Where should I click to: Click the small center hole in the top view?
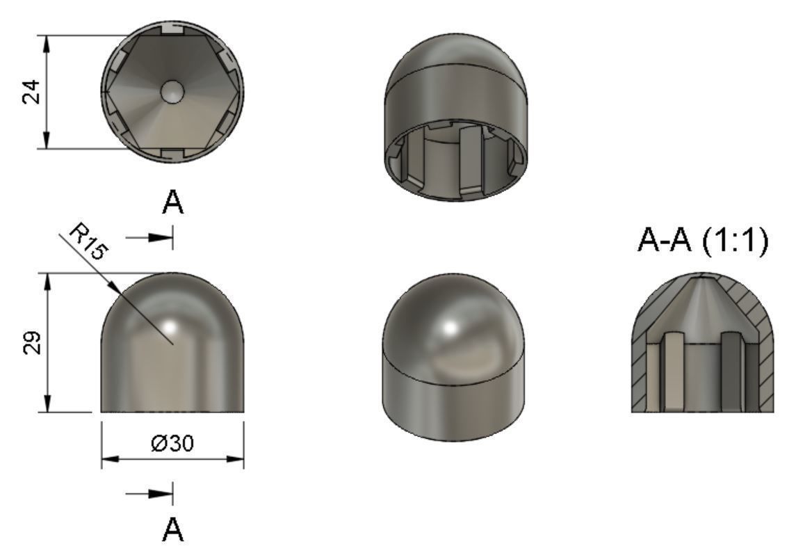click(172, 90)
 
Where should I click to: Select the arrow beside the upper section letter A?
click(150, 237)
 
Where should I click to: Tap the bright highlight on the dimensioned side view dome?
click(171, 326)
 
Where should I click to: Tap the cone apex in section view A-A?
click(703, 276)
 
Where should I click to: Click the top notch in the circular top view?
click(172, 33)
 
